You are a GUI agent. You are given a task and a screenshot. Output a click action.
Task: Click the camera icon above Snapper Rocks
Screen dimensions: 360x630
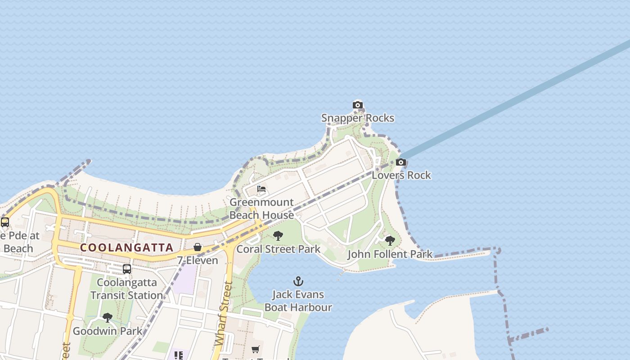point(358,105)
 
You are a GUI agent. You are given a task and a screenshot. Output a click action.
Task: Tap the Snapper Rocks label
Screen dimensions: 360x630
point(358,118)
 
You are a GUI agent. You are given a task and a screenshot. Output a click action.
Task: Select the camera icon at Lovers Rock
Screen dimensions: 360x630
point(401,162)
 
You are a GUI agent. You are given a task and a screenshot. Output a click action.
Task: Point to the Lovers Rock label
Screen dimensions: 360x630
point(401,175)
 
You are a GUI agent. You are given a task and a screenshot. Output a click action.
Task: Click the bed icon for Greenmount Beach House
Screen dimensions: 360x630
point(261,189)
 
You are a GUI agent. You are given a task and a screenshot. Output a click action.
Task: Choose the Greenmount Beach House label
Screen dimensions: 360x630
point(261,209)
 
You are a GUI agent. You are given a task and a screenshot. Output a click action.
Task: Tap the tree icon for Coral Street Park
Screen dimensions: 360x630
point(278,235)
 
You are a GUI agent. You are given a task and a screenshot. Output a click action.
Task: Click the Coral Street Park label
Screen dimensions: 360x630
point(278,249)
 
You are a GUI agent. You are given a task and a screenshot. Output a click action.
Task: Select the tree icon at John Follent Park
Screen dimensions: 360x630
point(390,241)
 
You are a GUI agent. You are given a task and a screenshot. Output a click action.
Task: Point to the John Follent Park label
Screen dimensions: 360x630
point(390,254)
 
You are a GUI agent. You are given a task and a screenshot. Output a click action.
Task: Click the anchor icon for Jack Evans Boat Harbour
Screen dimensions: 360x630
point(298,282)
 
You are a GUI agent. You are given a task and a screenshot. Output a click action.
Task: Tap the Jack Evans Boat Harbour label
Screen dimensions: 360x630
point(298,301)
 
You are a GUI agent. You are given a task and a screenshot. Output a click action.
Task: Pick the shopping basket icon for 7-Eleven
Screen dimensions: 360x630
point(198,247)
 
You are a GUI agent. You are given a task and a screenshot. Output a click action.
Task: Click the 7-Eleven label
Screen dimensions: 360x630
point(198,260)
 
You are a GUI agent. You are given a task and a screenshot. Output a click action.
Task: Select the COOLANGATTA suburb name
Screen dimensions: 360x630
point(126,247)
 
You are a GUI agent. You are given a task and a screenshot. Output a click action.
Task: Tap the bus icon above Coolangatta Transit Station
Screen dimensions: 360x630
point(127,269)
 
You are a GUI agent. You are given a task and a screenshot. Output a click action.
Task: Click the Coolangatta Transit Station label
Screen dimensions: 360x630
point(127,289)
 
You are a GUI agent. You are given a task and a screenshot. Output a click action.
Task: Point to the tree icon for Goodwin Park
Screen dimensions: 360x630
point(107,318)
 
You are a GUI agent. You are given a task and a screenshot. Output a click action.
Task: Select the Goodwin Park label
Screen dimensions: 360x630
point(107,331)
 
